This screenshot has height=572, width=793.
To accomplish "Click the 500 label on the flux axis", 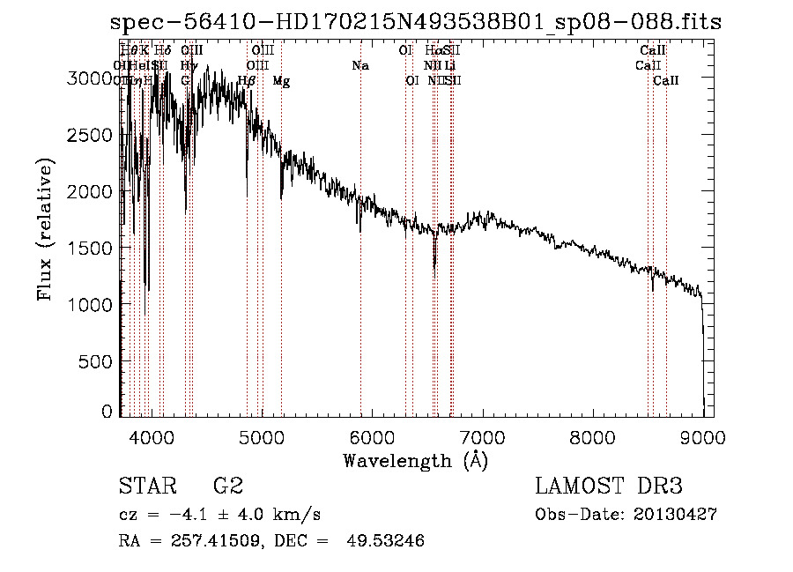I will [x=99, y=360].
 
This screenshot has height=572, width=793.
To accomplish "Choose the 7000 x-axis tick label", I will [x=482, y=437].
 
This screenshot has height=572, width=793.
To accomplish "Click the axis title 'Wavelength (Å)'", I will [x=415, y=460].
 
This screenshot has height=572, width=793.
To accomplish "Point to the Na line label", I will [x=359, y=66].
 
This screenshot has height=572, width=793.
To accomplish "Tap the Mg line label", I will [x=281, y=81].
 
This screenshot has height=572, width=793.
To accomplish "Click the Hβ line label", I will [x=247, y=81].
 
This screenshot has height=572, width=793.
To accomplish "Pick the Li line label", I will [x=450, y=66].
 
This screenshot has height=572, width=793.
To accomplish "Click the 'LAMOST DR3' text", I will [x=609, y=487].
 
